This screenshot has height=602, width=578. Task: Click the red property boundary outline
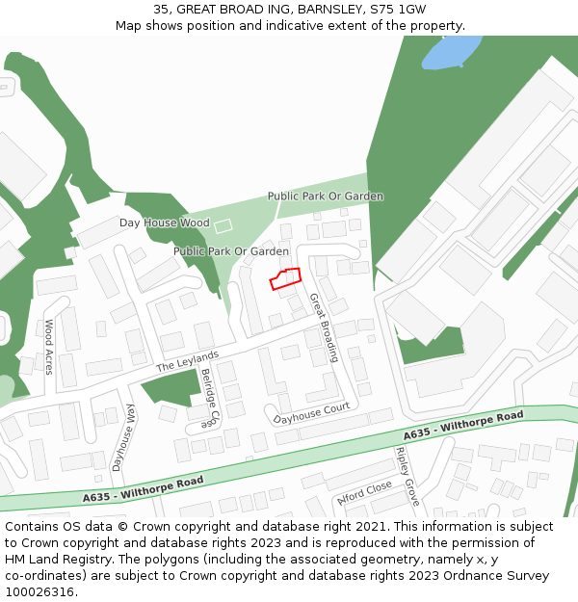286,278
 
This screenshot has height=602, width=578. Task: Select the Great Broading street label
324,327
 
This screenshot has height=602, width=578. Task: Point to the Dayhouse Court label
311,414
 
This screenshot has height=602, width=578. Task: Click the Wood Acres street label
49,347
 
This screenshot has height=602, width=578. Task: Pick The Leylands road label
188,361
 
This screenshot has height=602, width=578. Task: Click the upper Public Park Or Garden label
325,196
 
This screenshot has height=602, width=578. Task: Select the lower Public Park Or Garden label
231,251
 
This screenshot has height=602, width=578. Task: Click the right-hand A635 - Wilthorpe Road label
463,425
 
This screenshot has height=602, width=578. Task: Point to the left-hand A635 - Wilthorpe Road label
143,489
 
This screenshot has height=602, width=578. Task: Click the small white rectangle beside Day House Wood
223,225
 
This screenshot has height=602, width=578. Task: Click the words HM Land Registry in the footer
62,559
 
